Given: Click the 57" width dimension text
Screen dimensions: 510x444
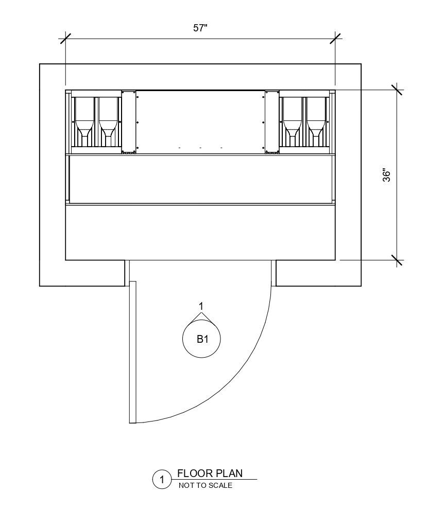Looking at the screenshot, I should [x=200, y=28].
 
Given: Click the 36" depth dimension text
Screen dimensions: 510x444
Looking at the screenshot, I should [x=387, y=175].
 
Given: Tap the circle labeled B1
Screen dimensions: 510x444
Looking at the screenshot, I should [x=201, y=339].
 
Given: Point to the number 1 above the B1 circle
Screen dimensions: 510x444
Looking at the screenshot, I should [x=201, y=307].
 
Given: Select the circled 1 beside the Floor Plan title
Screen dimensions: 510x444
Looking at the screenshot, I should [x=162, y=480].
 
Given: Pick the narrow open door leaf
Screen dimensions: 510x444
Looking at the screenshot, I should [x=132, y=352].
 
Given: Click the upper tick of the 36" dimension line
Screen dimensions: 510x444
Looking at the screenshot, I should [x=397, y=90].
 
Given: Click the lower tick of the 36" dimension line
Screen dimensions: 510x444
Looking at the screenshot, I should [x=397, y=260].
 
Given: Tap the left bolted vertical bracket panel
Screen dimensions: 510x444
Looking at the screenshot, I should [x=128, y=121].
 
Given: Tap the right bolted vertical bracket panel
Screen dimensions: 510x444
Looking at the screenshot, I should [x=272, y=121].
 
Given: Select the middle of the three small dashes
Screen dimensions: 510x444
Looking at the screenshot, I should [x=200, y=148].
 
